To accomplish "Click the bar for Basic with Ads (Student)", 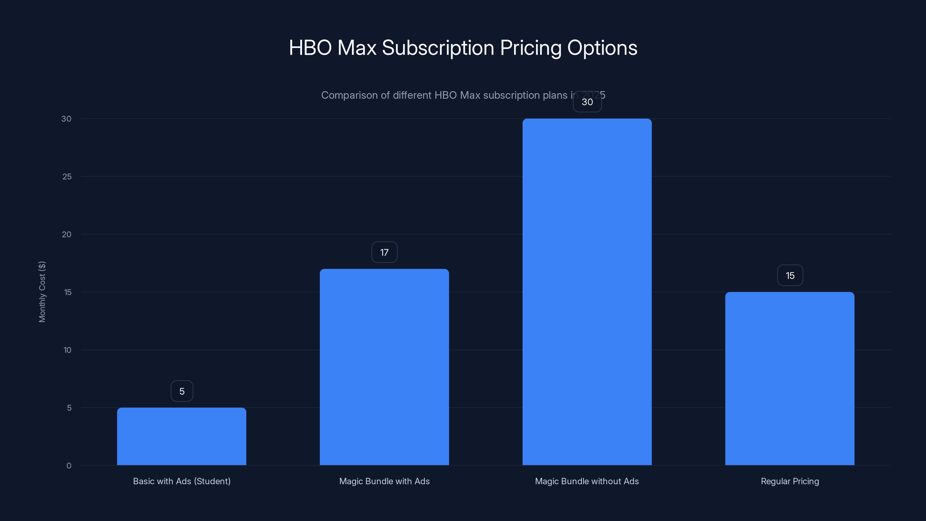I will (181, 436).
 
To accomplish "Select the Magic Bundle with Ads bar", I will (384, 367).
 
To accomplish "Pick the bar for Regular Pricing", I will (790, 378).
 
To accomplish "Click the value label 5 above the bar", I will (182, 391).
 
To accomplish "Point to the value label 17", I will (384, 252).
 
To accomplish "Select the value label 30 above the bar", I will (587, 102).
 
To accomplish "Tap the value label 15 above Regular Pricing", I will (790, 276).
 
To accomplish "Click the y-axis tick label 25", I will (67, 177).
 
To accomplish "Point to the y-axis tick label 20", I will (67, 234).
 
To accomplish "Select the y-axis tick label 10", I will (67, 350).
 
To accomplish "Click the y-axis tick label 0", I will (69, 466).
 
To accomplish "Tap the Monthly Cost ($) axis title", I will (42, 291).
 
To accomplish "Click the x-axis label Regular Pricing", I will (790, 481).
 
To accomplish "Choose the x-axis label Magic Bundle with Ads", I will (384, 481).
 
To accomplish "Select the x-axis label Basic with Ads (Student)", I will (181, 481).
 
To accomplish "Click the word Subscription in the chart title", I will (438, 48).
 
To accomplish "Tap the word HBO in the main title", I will (310, 48).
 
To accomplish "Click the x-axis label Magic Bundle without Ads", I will (587, 481).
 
